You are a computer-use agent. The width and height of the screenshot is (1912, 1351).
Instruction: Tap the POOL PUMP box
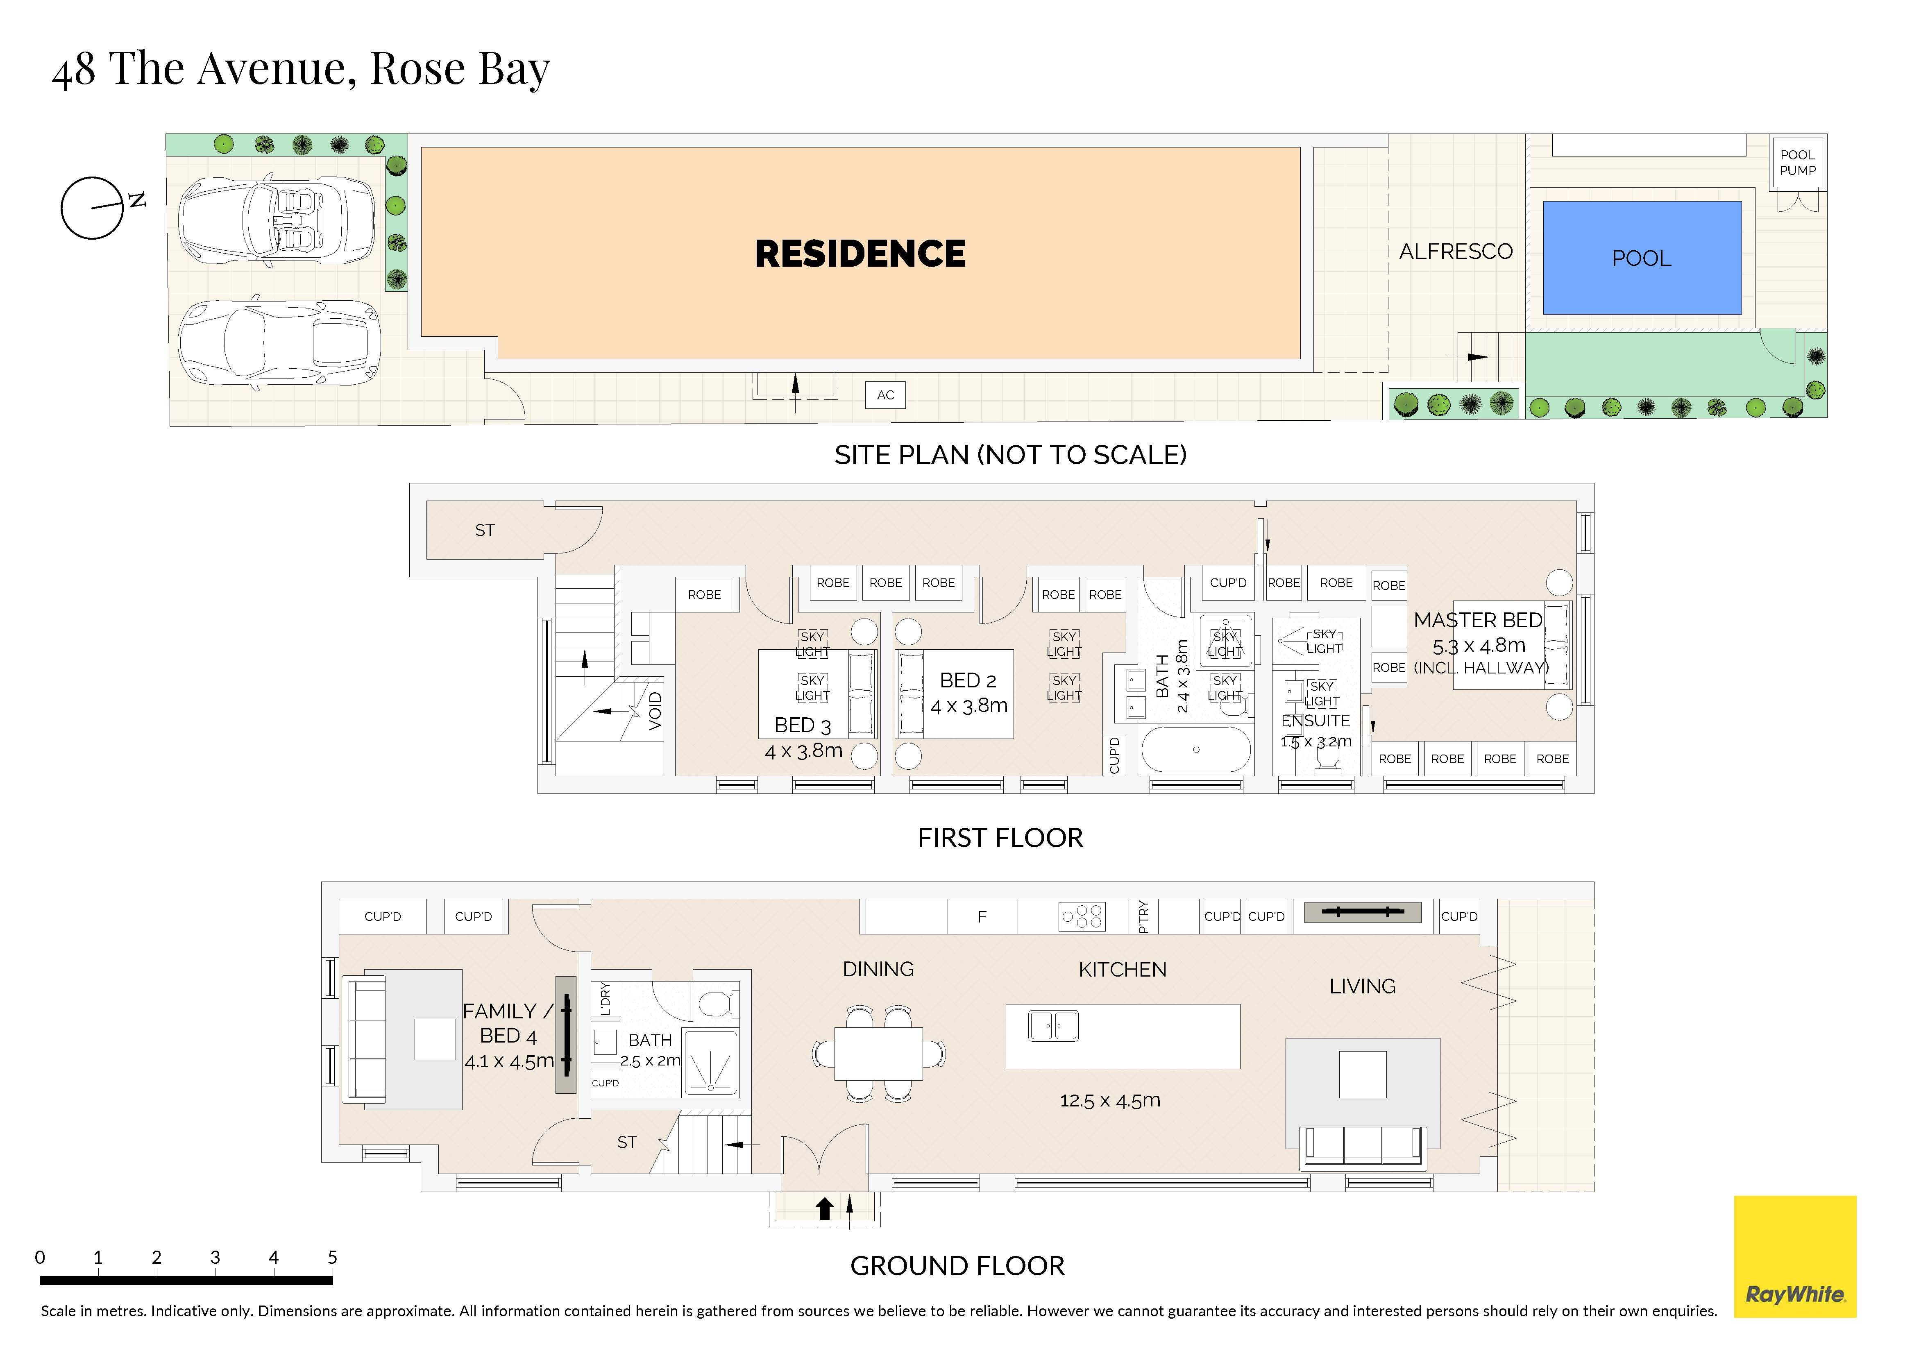(x=1797, y=162)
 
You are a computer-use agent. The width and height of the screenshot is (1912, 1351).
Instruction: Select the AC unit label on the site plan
(x=885, y=394)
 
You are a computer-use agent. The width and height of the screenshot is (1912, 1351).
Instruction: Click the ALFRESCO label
(x=1456, y=252)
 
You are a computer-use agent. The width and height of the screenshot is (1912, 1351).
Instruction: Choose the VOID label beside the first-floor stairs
(x=655, y=711)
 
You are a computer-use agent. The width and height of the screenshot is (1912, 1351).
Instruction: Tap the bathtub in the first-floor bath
(x=1196, y=750)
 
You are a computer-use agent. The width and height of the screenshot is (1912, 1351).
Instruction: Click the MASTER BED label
(x=1478, y=620)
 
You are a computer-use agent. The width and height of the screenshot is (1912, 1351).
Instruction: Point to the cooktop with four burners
(x=1082, y=916)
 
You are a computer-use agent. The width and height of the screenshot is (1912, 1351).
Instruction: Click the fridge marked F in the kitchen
(x=983, y=916)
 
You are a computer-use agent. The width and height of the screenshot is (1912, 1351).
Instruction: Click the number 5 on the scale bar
(x=332, y=1257)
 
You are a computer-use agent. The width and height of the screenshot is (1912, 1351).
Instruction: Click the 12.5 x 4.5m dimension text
(x=1110, y=1100)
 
